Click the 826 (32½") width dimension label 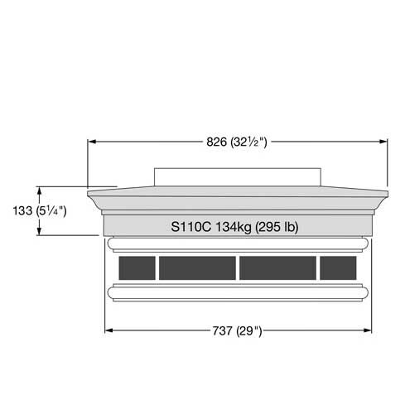point(237,142)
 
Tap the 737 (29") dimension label point(237,330)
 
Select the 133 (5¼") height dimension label point(40,211)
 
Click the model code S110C point(191,227)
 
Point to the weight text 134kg point(234,227)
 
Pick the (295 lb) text point(277,227)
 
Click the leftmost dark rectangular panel point(137,268)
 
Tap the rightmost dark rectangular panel point(338,268)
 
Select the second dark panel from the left point(197,268)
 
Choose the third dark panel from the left point(277,268)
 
